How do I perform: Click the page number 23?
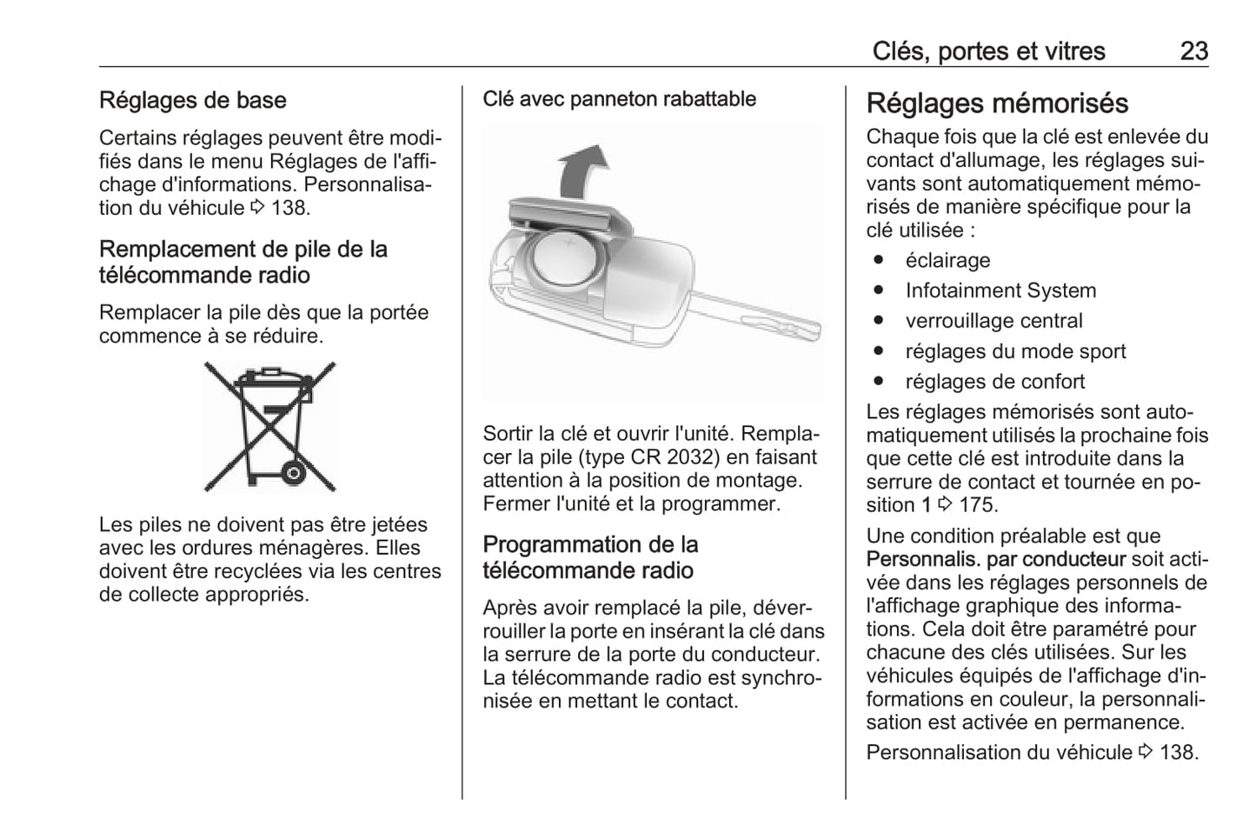[1193, 51]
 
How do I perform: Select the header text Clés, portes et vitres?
[988, 51]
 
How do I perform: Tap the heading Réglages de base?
[193, 101]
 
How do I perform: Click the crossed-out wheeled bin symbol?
[269, 427]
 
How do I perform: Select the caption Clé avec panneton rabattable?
[619, 99]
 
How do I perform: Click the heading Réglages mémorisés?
[997, 103]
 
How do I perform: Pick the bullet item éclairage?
[947, 261]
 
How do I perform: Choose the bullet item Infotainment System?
[1000, 291]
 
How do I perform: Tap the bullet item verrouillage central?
[994, 322]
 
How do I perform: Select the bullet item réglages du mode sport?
[1015, 352]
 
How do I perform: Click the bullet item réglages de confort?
[994, 382]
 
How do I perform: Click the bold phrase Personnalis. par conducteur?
[995, 560]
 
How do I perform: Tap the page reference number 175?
[978, 505]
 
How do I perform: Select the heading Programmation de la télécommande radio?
[590, 557]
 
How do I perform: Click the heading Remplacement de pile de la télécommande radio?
[243, 262]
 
